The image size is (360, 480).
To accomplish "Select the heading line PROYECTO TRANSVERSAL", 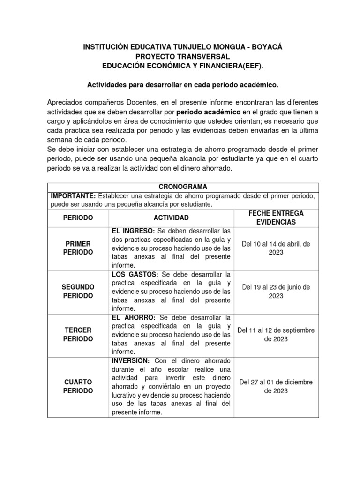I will coord(180,57).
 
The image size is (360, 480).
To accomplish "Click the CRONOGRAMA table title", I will coord(180,187).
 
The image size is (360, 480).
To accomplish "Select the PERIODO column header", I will coord(78,218).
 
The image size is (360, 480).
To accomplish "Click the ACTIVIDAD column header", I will coord(171,218).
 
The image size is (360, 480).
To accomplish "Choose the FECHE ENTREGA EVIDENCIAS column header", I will coord(276,218).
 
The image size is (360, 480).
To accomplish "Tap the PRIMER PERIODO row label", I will coord(78,248).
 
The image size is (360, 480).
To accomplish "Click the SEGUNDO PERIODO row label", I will coord(78,291).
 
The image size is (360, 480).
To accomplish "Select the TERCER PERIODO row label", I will coord(78,334).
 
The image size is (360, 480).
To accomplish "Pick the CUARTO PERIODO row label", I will coord(78,386).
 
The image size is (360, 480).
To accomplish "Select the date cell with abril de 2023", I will coord(276,248).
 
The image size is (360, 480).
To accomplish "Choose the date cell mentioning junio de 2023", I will coord(276,291).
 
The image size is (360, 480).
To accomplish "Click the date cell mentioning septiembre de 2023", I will coord(276,334).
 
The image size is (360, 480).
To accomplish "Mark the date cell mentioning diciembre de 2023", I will coord(276,386).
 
